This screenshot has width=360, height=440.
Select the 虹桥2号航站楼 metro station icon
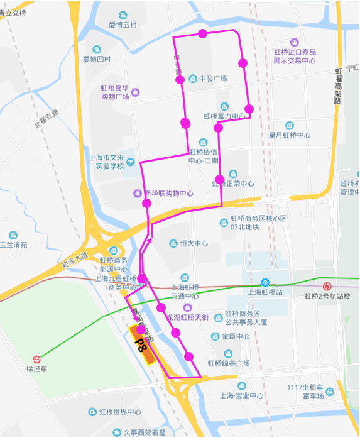point(325,283)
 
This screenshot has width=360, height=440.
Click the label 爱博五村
point(122,25)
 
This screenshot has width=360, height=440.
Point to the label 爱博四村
point(97,59)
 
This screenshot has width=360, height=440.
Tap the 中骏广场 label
point(212,79)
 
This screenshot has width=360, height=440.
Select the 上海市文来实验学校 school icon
point(130,162)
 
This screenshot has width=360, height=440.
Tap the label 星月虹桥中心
point(290,135)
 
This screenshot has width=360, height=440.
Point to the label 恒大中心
point(194,243)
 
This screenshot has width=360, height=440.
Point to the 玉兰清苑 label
point(13,245)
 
